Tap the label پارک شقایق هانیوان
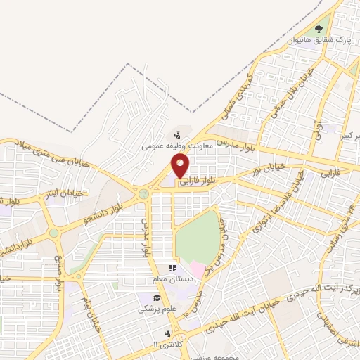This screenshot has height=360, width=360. pyautogui.click(x=319, y=40)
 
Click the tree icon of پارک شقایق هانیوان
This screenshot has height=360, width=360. pyautogui.click(x=319, y=29)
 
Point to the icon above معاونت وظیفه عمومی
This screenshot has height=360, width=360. pyautogui.click(x=177, y=135)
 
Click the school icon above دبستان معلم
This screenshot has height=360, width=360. pyautogui.click(x=172, y=268)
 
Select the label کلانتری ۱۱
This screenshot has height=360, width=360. pyautogui.click(x=167, y=344)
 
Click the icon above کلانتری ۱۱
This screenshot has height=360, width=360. pyautogui.click(x=167, y=333)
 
